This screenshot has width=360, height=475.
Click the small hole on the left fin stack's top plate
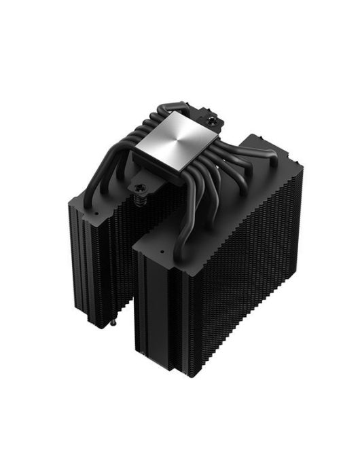(x=98, y=211)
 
